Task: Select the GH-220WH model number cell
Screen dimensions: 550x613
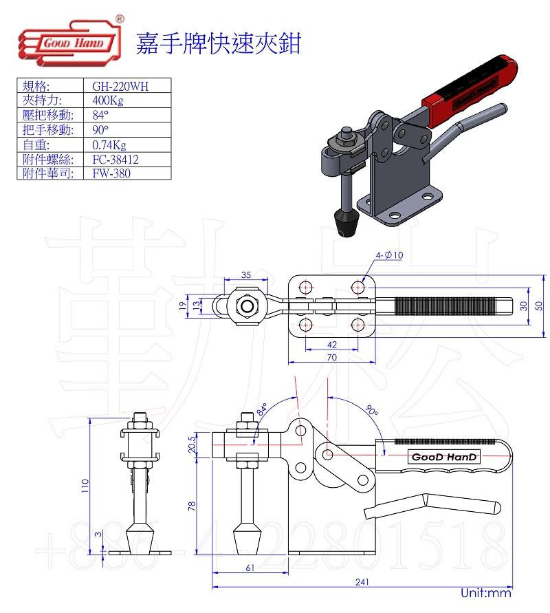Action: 120,86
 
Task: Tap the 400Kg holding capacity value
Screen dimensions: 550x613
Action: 108,100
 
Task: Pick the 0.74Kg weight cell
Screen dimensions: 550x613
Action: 109,145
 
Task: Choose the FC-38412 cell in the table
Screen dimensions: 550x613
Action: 115,160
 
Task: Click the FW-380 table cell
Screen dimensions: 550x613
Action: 111,173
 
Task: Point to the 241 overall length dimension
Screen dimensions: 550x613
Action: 362,582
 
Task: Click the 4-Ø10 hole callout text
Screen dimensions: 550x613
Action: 389,255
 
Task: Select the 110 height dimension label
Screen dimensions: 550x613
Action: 85,486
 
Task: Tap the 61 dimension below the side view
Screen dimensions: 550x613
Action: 250,568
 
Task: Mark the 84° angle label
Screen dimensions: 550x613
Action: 262,409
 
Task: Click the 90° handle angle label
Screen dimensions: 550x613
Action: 371,411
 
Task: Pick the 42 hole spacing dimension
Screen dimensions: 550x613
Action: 332,345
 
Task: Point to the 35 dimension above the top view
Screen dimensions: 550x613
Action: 245,275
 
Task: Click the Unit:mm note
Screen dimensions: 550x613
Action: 486,592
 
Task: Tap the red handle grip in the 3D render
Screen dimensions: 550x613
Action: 470,91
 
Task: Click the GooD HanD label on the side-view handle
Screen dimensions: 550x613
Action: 444,457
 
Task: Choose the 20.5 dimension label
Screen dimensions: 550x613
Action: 192,444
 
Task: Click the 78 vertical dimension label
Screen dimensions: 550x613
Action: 191,506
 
